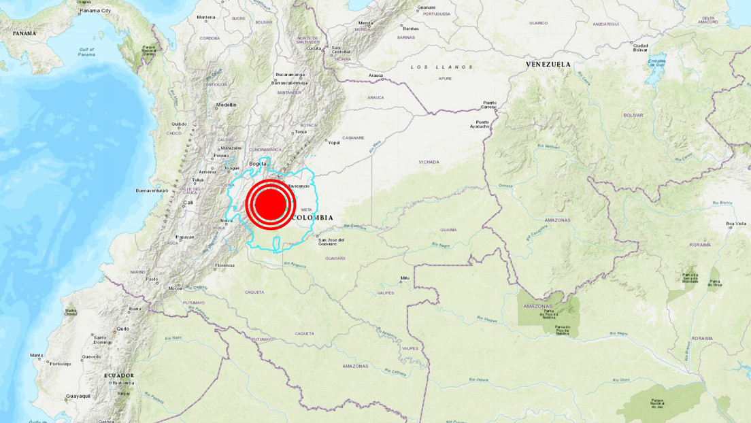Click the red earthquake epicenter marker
pyautogui.click(x=270, y=204)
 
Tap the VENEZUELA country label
pyautogui.click(x=548, y=64)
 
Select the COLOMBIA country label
pyautogui.click(x=312, y=218)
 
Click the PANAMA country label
pyautogui.click(x=24, y=33)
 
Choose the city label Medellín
pyautogui.click(x=226, y=105)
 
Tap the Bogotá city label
pyautogui.click(x=258, y=163)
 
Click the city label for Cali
pyautogui.click(x=187, y=203)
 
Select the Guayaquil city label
pyautogui.click(x=78, y=395)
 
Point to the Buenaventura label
pyautogui.click(x=152, y=190)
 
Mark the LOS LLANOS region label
pyautogui.click(x=441, y=67)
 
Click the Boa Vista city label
pyautogui.click(x=736, y=223)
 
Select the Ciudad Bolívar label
pyautogui.click(x=640, y=48)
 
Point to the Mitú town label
pyautogui.click(x=405, y=277)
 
